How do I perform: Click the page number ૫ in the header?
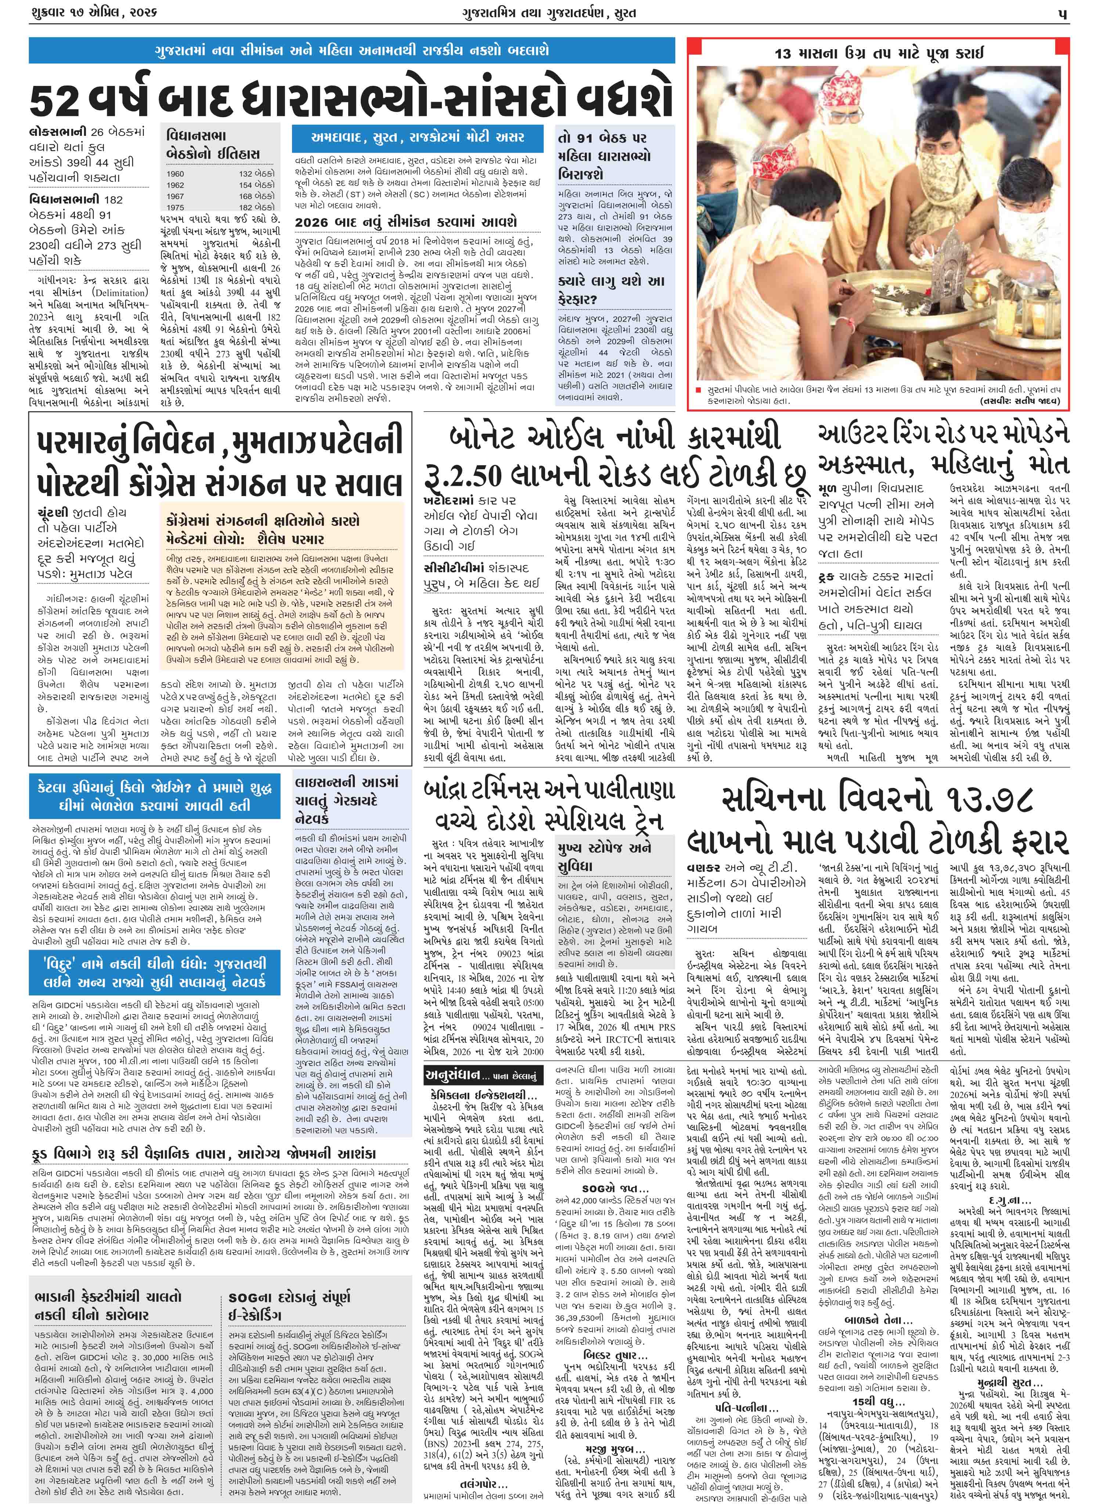click(x=1065, y=13)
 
